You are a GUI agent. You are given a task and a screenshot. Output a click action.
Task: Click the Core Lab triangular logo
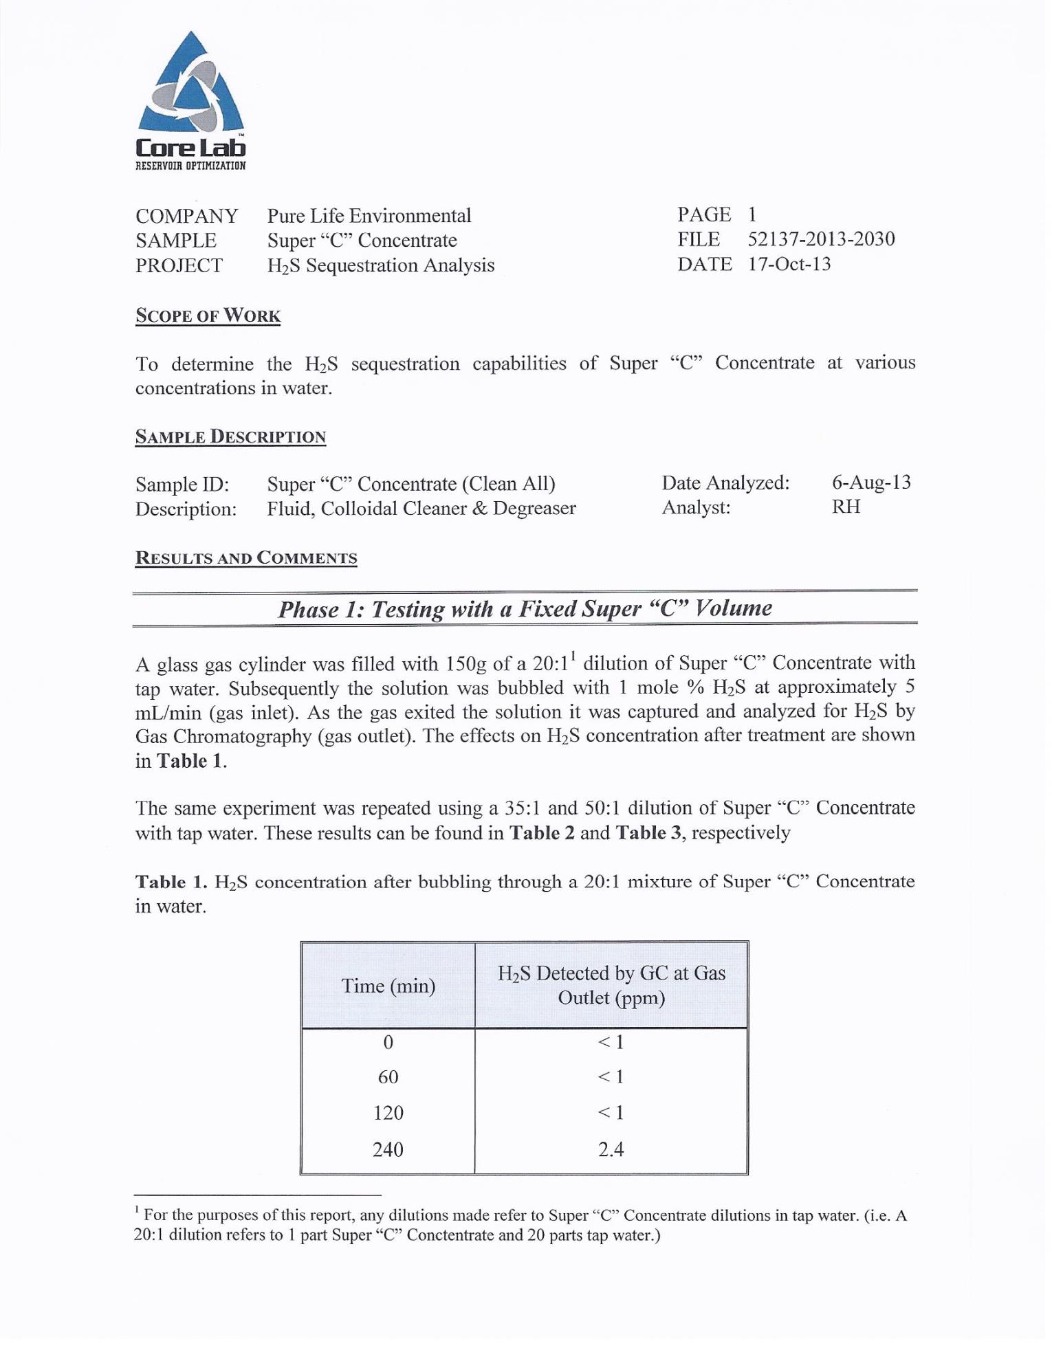tap(190, 85)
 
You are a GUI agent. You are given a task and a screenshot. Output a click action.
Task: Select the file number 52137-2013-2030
tap(821, 239)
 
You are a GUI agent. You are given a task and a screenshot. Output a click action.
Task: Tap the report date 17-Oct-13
tap(789, 265)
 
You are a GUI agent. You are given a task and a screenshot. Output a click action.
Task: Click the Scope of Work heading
tap(208, 316)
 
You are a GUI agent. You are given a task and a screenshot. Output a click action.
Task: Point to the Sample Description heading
tap(230, 437)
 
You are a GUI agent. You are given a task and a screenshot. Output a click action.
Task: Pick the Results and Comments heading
tap(246, 557)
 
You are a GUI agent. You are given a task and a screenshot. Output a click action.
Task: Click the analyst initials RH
tap(846, 507)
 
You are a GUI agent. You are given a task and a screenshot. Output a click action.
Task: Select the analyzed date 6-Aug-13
tap(871, 482)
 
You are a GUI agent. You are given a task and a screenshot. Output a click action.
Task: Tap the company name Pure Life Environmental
tap(369, 216)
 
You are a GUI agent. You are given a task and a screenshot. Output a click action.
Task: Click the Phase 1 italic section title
tap(525, 609)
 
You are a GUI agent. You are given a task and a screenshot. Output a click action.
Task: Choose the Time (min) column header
tap(388, 986)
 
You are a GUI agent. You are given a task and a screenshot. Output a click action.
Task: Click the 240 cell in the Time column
tap(388, 1149)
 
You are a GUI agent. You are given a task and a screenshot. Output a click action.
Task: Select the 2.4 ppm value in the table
tap(611, 1149)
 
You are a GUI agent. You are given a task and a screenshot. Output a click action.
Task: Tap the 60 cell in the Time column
tap(388, 1077)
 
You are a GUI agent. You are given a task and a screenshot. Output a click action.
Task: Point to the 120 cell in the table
tap(388, 1113)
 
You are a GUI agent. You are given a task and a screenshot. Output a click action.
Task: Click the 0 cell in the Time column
tap(388, 1042)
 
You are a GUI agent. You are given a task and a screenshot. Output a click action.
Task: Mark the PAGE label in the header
tap(703, 215)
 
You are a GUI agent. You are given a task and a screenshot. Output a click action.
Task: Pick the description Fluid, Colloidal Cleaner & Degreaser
tap(421, 509)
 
